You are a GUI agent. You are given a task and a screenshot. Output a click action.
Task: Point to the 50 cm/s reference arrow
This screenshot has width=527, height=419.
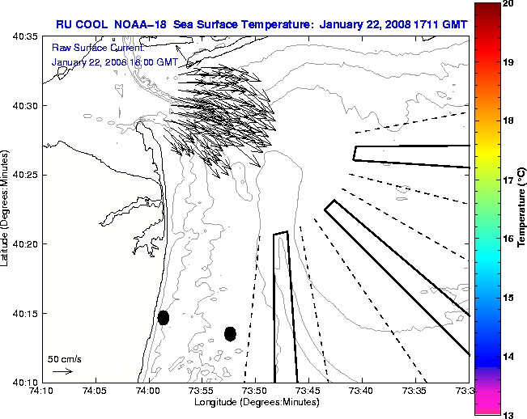coord(62,371)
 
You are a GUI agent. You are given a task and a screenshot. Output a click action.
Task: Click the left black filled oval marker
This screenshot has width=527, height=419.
coord(164,318)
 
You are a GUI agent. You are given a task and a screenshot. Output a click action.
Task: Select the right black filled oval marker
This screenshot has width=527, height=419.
coord(230,333)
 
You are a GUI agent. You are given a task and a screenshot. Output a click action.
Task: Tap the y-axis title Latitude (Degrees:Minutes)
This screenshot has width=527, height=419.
coord(6,209)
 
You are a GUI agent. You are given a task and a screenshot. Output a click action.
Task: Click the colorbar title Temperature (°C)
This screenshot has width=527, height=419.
coord(521,209)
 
